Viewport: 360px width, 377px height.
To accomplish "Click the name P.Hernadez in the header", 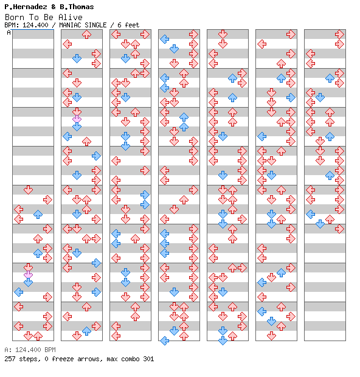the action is click(x=26, y=7).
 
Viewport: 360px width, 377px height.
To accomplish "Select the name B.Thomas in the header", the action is click(x=77, y=7).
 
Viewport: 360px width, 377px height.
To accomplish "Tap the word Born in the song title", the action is click(x=15, y=17).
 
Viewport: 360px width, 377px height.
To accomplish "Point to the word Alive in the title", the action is click(x=70, y=17).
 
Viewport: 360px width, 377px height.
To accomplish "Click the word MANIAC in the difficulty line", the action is click(x=70, y=25).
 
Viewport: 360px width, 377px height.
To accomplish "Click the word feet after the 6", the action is click(x=132, y=25).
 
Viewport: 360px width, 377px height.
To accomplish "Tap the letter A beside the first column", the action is click(x=9, y=32).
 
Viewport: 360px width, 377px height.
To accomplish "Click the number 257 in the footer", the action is click(x=10, y=359).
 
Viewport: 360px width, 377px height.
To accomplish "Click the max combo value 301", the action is click(x=148, y=359).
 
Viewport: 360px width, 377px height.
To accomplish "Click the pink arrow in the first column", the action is click(x=28, y=275).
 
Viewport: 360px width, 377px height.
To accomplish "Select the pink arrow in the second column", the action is click(x=77, y=119).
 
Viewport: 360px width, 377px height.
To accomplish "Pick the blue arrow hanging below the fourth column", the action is click(x=164, y=341).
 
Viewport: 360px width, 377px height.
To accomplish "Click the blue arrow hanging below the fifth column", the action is click(x=223, y=341).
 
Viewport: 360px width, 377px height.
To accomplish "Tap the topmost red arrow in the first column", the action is click(x=28, y=190).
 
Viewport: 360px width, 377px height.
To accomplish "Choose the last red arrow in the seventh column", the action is click(x=339, y=229).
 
